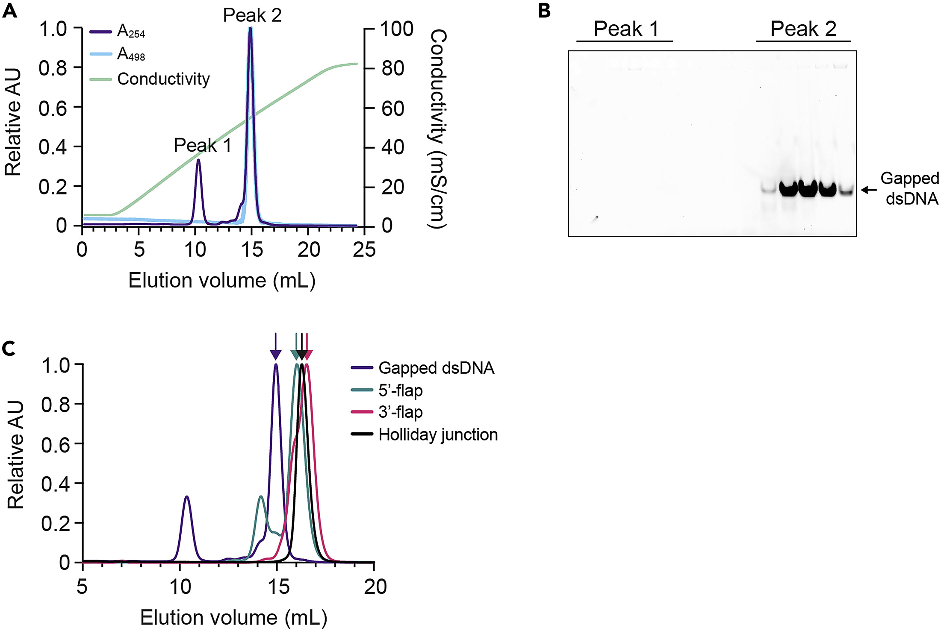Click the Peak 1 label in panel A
pyautogui.click(x=202, y=146)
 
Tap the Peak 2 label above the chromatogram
pyautogui.click(x=252, y=16)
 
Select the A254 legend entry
pyautogui.click(x=131, y=32)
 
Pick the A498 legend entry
pyautogui.click(x=131, y=54)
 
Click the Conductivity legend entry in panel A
pyautogui.click(x=163, y=79)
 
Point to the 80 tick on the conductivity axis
pyautogui.click(x=392, y=68)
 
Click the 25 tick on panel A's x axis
pyautogui.click(x=364, y=249)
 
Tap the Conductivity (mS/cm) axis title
pyautogui.click(x=437, y=128)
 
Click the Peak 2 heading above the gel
pyautogui.click(x=803, y=29)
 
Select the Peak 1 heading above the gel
pyautogui.click(x=625, y=29)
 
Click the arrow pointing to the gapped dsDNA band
pyautogui.click(x=868, y=190)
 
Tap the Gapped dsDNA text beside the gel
pyautogui.click(x=910, y=188)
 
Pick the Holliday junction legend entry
pyautogui.click(x=438, y=435)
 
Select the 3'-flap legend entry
pyautogui.click(x=400, y=412)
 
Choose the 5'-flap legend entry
pyautogui.click(x=400, y=390)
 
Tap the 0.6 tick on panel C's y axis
pyautogui.click(x=55, y=444)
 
